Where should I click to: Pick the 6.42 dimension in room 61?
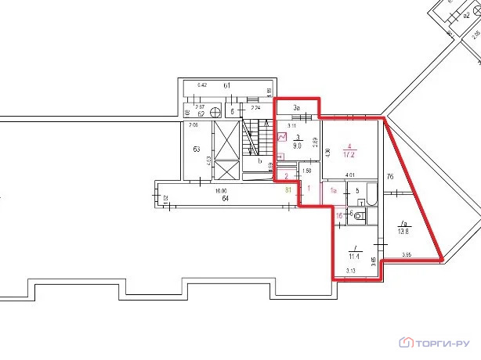[202, 84]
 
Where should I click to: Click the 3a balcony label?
[297, 107]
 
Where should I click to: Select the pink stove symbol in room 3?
[283, 136]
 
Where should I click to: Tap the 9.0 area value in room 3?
[298, 144]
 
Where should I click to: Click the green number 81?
[289, 188]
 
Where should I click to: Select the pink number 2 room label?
[287, 176]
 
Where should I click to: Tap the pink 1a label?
[332, 190]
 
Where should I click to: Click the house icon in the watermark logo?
[406, 342]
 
